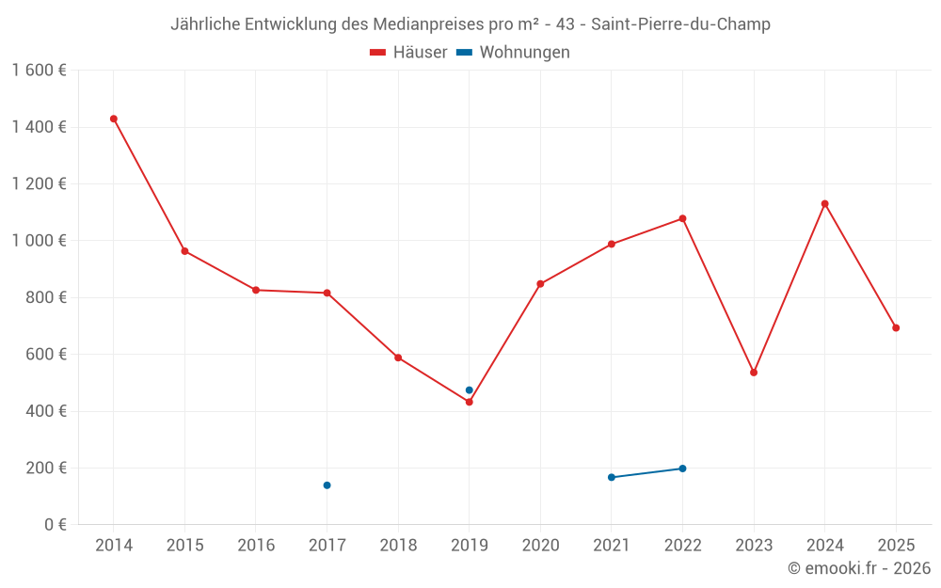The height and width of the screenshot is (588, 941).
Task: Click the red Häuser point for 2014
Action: point(114,119)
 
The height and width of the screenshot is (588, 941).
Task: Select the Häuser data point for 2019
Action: point(470,402)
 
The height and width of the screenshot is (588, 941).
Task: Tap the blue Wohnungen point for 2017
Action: point(327,485)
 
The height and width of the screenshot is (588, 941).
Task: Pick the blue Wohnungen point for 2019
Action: point(470,390)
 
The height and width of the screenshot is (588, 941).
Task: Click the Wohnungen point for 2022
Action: point(682,469)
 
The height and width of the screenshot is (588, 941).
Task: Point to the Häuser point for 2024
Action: point(825,203)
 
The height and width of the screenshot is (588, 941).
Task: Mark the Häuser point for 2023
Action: point(754,373)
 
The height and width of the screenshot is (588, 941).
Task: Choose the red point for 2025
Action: point(896,328)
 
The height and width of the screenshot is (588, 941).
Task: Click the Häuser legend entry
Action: point(408,53)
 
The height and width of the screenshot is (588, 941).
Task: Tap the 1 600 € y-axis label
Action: point(39,71)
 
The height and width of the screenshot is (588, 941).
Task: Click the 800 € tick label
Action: point(45,297)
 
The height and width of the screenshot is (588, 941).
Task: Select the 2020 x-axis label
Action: point(540,546)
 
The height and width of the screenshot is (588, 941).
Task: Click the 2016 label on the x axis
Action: point(256,546)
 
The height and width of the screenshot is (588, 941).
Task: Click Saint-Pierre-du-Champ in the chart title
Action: point(680,24)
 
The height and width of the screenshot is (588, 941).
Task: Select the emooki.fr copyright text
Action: point(858,568)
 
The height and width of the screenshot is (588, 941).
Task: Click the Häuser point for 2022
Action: point(682,218)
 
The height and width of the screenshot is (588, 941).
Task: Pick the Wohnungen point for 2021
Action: point(612,477)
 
